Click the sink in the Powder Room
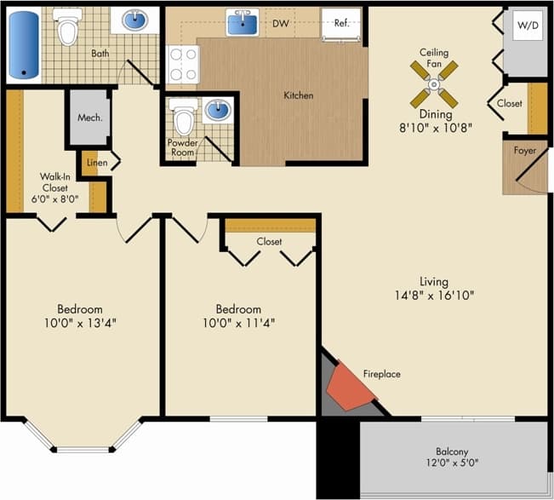218,110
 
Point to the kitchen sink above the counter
242,23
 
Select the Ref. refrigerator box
341,24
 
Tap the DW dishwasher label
280,23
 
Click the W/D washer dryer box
527,26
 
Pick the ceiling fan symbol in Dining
434,84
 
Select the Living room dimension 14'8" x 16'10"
434,296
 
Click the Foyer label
525,151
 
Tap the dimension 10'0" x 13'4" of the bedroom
80,323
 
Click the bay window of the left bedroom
82,438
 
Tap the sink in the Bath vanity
134,20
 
